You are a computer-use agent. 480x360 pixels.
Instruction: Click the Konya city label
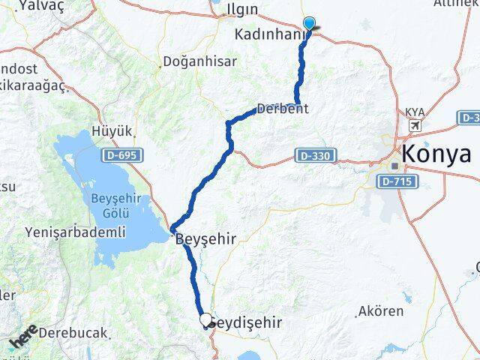(437, 154)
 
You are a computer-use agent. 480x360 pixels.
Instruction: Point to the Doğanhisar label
(200, 61)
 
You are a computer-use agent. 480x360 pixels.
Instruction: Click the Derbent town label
(282, 109)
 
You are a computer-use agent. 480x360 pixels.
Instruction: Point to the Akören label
(381, 310)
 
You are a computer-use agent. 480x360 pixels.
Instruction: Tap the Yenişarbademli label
(76, 232)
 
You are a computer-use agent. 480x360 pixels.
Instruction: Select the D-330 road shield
(313, 155)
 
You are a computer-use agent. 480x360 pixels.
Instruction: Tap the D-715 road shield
(397, 181)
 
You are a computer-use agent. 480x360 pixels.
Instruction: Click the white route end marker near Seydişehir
(205, 319)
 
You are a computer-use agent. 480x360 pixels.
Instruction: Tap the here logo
(24, 338)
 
